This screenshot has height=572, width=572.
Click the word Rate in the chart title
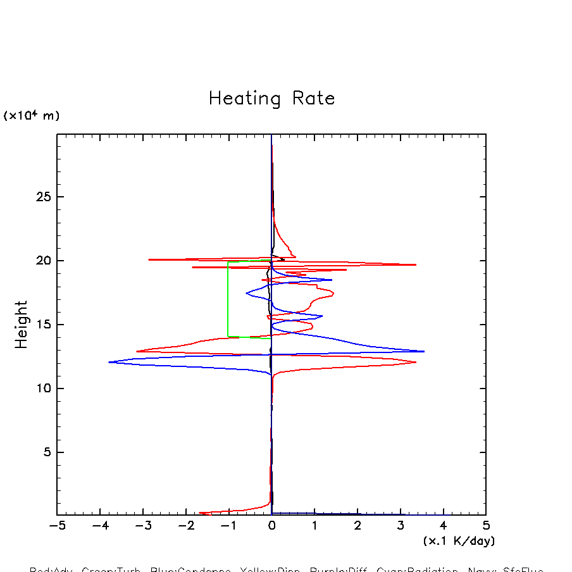coord(314,99)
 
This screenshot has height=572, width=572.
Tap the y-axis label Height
coord(22,325)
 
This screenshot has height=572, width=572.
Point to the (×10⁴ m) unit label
coord(32,116)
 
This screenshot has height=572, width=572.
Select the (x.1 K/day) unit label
coord(459,541)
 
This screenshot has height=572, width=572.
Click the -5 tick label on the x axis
coord(57,526)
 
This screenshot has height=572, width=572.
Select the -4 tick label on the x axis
coord(100,526)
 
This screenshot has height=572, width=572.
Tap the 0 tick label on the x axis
coord(271,526)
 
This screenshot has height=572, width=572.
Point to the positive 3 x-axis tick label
coord(400,526)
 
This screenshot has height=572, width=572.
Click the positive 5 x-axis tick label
coord(486,526)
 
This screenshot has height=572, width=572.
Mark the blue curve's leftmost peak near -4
coord(109,362)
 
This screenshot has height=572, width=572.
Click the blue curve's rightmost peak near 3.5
coord(423,351)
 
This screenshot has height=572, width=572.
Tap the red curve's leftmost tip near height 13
coord(137,351)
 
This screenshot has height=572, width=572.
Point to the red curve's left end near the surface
coord(200,513)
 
